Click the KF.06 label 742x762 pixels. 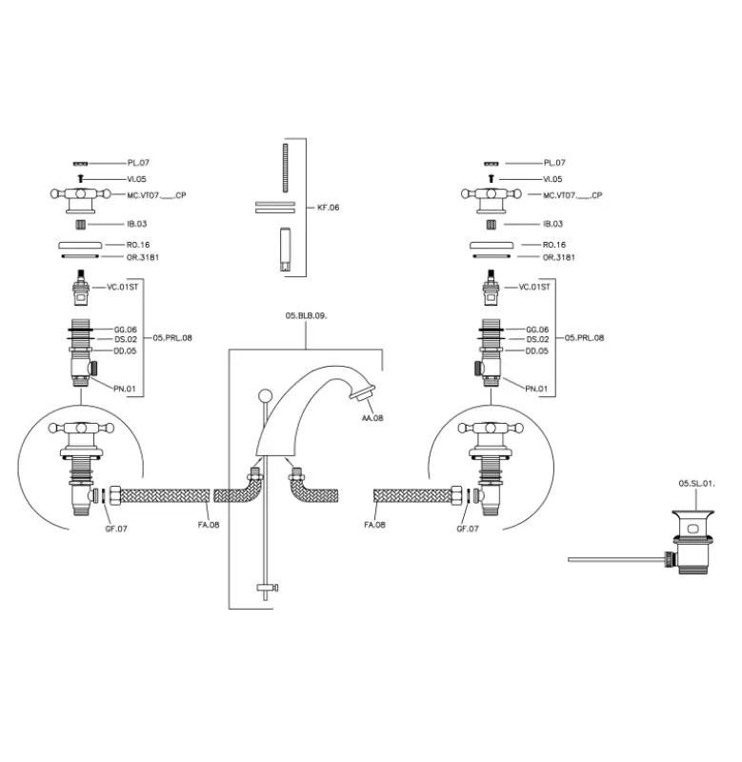click(328, 207)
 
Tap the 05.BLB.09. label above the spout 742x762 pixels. click(306, 315)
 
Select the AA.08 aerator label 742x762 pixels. click(371, 418)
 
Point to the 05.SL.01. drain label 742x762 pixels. click(696, 484)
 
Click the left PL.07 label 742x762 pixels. click(139, 163)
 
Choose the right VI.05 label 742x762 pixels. click(552, 179)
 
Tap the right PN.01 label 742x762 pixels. click(536, 389)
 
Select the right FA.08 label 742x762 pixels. click(374, 525)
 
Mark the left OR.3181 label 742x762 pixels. click(145, 257)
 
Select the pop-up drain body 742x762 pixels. click(693, 546)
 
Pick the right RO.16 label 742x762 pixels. click(553, 245)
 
